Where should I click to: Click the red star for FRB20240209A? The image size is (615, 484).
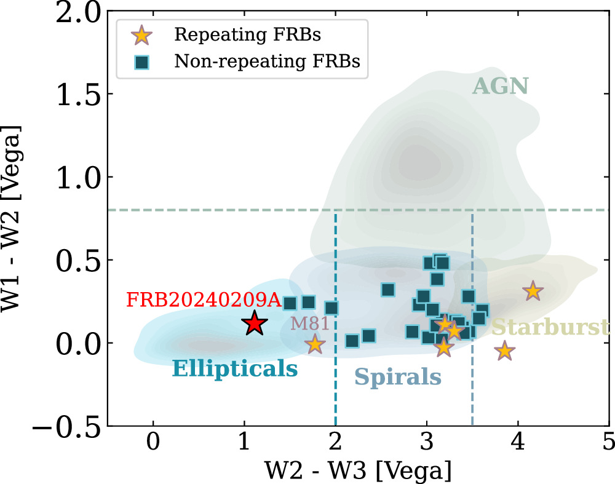pyautogui.click(x=254, y=323)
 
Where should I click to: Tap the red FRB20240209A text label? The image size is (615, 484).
pyautogui.click(x=204, y=301)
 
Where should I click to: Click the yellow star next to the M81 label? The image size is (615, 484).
pyautogui.click(x=315, y=344)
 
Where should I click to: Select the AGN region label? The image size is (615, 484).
pyautogui.click(x=501, y=86)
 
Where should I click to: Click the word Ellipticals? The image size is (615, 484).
pyautogui.click(x=235, y=369)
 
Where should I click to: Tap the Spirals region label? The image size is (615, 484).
pyautogui.click(x=398, y=377)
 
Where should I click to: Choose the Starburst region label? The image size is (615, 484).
pyautogui.click(x=550, y=327)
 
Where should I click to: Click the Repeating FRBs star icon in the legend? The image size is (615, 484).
pyautogui.click(x=143, y=35)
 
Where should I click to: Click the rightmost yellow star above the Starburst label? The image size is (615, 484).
pyautogui.click(x=533, y=292)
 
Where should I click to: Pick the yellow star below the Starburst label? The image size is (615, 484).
pyautogui.click(x=504, y=351)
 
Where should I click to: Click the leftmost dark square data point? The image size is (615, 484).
pyautogui.click(x=290, y=303)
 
